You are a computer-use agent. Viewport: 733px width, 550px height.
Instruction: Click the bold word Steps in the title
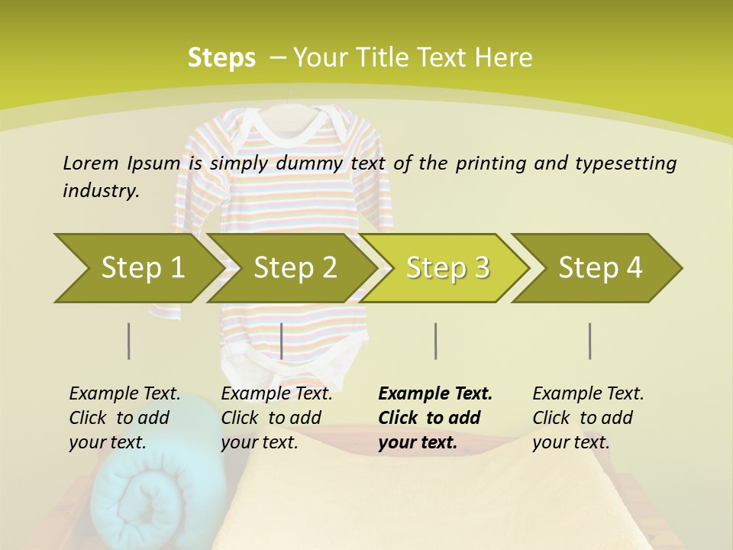click(x=221, y=57)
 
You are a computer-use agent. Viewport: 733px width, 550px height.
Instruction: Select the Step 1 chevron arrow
click(x=137, y=267)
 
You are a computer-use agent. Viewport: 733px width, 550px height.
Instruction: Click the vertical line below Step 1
click(x=129, y=341)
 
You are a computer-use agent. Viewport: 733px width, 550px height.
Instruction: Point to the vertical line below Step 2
click(x=282, y=341)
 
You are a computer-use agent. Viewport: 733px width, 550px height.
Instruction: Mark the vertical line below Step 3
click(x=436, y=341)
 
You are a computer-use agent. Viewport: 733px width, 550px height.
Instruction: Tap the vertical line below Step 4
click(x=590, y=341)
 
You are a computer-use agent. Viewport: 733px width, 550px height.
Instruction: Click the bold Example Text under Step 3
click(x=435, y=393)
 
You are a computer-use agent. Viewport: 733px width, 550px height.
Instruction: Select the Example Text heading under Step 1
click(x=124, y=393)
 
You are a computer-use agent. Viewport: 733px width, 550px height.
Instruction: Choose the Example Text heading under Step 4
click(x=588, y=393)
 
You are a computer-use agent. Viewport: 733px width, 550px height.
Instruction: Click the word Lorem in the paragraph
click(x=91, y=163)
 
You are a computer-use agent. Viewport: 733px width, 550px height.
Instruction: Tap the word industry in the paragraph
click(x=100, y=191)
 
